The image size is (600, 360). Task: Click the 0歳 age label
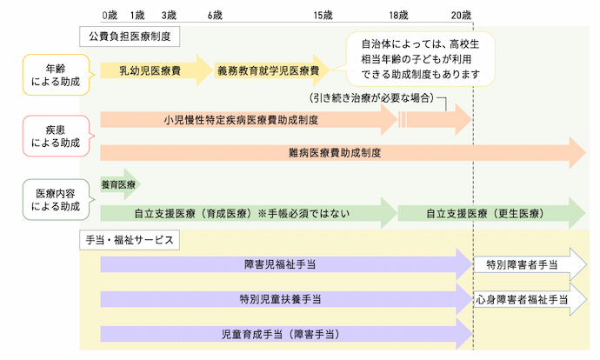(108, 16)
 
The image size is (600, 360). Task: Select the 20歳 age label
(463, 16)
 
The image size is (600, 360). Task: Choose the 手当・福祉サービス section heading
(130, 238)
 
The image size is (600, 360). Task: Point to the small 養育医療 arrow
(119, 184)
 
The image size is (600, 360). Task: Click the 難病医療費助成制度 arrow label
(335, 152)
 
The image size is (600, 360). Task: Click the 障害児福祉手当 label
(280, 262)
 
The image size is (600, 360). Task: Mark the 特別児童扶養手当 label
(280, 298)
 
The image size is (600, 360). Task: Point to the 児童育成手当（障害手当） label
(280, 334)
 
